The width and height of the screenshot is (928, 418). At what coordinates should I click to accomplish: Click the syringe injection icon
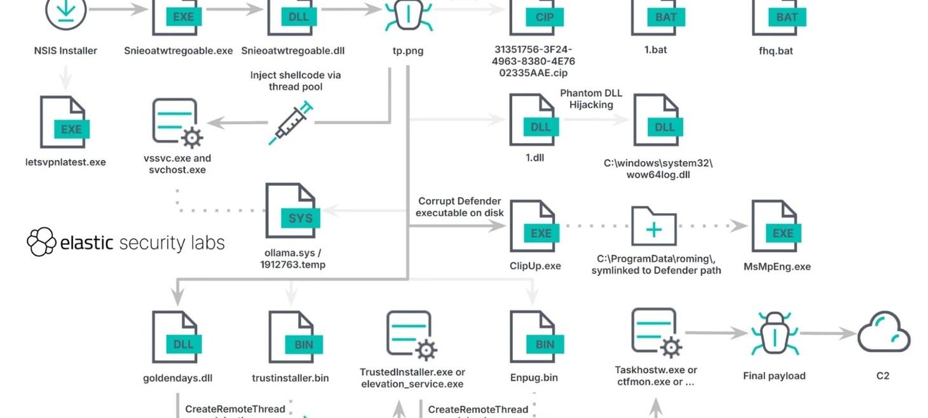tap(291, 123)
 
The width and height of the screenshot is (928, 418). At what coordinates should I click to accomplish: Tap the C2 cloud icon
tap(884, 332)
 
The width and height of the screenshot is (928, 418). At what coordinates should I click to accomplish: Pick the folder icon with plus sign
tap(653, 226)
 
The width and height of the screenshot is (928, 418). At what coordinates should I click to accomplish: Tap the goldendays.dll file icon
tap(177, 338)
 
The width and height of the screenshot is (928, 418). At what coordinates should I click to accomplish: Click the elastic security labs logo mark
tap(42, 242)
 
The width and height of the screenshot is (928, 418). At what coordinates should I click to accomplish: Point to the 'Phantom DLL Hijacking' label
tap(591, 99)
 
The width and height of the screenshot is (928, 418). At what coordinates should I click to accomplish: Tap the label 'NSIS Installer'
tap(65, 50)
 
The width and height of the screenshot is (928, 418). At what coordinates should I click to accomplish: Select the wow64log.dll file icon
tap(658, 121)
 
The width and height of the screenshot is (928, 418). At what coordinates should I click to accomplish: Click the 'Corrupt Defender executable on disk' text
tap(460, 207)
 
